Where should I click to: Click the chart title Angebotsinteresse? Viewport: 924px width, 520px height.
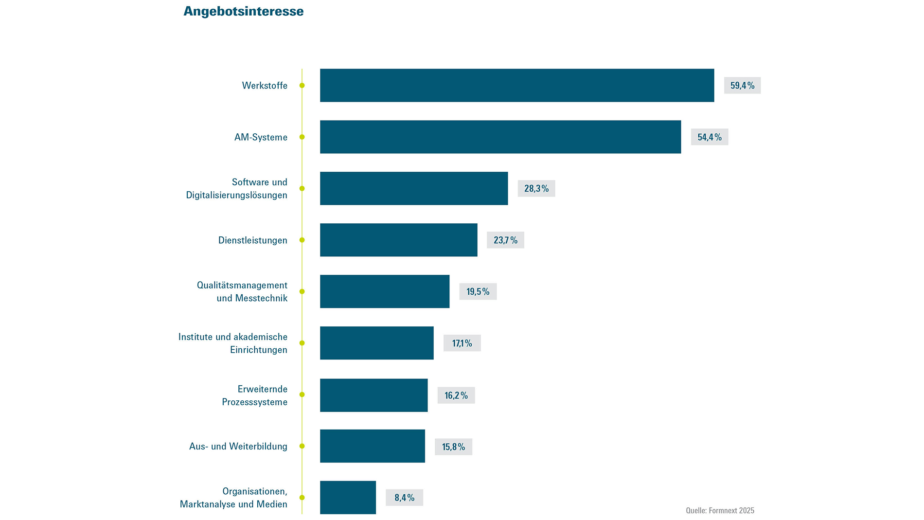pyautogui.click(x=243, y=11)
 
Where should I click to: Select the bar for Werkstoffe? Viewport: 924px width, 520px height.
pyautogui.click(x=516, y=85)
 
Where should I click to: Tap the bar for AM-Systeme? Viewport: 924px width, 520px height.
pyautogui.click(x=500, y=137)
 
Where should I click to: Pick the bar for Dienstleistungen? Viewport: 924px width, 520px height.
pyautogui.click(x=398, y=240)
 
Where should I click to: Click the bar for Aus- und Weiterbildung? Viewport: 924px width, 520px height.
pyautogui.click(x=372, y=446)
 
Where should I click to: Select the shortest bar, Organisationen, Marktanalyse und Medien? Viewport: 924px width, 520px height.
pyautogui.click(x=348, y=497)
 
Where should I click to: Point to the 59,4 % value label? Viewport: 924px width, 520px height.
pyautogui.click(x=742, y=86)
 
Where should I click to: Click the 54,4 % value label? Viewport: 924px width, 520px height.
pyautogui.click(x=709, y=137)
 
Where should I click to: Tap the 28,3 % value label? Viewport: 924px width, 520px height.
pyautogui.click(x=536, y=189)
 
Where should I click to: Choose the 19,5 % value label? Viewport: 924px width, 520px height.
pyautogui.click(x=478, y=291)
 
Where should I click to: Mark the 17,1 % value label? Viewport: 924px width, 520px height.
pyautogui.click(x=462, y=343)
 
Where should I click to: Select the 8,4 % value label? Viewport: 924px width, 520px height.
pyautogui.click(x=404, y=498)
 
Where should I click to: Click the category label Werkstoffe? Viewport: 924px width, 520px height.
pyautogui.click(x=265, y=86)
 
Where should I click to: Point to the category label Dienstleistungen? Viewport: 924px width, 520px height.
pyautogui.click(x=252, y=240)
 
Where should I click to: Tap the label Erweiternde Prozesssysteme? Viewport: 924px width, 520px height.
pyautogui.click(x=254, y=395)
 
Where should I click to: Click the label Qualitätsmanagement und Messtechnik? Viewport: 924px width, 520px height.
pyautogui.click(x=242, y=291)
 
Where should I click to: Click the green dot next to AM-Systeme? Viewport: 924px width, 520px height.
pyautogui.click(x=302, y=137)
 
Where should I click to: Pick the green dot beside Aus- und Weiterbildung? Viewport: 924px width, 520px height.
pyautogui.click(x=302, y=446)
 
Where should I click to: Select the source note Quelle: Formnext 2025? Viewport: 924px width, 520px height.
pyautogui.click(x=720, y=510)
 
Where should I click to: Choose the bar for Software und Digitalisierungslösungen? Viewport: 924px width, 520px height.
pyautogui.click(x=413, y=188)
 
